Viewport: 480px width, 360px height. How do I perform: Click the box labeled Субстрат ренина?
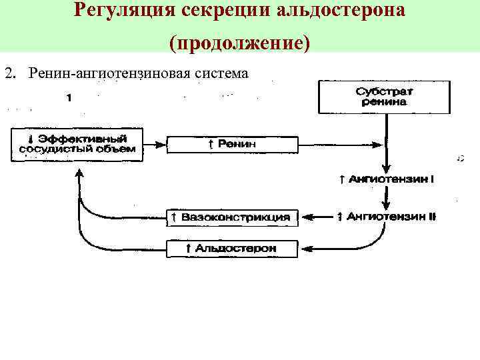pyautogui.click(x=385, y=97)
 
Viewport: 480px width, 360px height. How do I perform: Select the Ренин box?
pyautogui.click(x=231, y=144)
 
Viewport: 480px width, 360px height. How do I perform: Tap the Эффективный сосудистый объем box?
pyautogui.click(x=77, y=144)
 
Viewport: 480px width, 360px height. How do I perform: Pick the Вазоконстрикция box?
pyautogui.click(x=231, y=217)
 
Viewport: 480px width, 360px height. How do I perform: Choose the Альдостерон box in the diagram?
pyautogui.click(x=231, y=249)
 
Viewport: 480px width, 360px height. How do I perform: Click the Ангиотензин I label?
pyautogui.click(x=387, y=179)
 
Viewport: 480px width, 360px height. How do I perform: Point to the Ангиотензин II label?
pyautogui.click(x=387, y=217)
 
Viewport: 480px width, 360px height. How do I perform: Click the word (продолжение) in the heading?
pyautogui.click(x=240, y=43)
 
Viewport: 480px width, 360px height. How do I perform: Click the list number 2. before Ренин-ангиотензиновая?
pyautogui.click(x=9, y=73)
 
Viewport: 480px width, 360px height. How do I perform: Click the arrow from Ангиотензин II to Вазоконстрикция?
pyautogui.click(x=317, y=217)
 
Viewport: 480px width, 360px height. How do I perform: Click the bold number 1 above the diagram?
pyautogui.click(x=69, y=97)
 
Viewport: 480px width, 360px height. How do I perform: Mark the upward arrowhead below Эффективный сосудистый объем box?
pyautogui.click(x=79, y=173)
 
